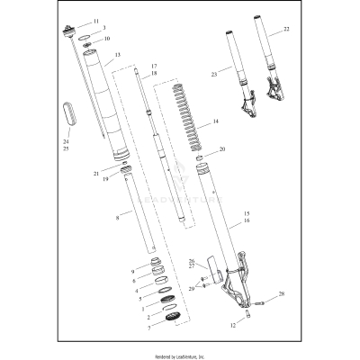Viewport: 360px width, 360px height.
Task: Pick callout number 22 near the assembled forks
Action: pyautogui.click(x=286, y=30)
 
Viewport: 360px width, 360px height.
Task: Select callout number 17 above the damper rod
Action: pyautogui.click(x=154, y=66)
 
